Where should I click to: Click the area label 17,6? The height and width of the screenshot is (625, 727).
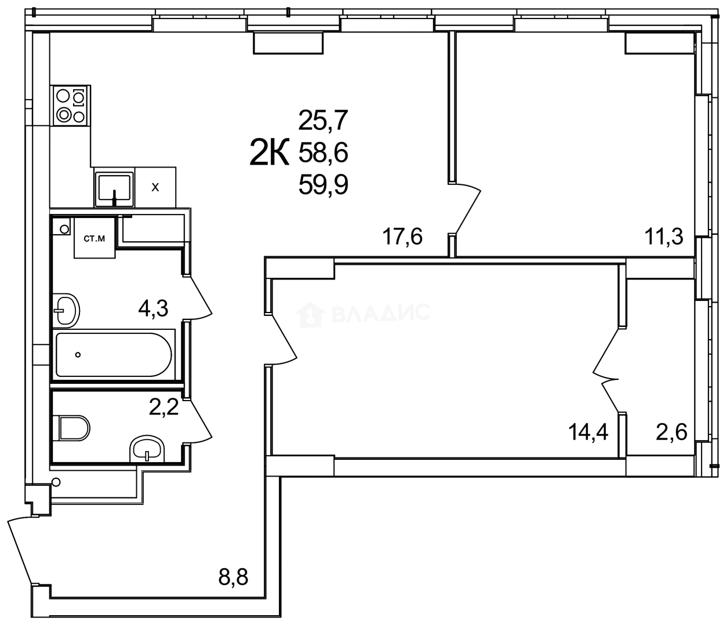click(402, 237)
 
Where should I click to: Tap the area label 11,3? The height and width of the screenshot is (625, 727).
click(663, 237)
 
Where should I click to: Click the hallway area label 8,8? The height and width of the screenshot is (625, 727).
click(232, 577)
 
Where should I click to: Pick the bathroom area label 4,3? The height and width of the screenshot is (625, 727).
click(153, 308)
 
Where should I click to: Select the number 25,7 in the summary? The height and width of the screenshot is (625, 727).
click(323, 121)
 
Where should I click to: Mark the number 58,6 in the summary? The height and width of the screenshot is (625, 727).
click(323, 154)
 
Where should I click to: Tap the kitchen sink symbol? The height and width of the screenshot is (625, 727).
click(114, 187)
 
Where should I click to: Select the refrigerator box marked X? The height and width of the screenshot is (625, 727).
click(155, 187)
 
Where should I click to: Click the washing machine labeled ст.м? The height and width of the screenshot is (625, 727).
click(94, 238)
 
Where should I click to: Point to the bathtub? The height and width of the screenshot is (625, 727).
click(114, 355)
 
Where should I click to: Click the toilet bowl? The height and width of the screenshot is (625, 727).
click(74, 428)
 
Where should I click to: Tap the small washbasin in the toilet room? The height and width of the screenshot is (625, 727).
click(148, 449)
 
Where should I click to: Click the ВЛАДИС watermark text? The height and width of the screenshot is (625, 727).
click(381, 313)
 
